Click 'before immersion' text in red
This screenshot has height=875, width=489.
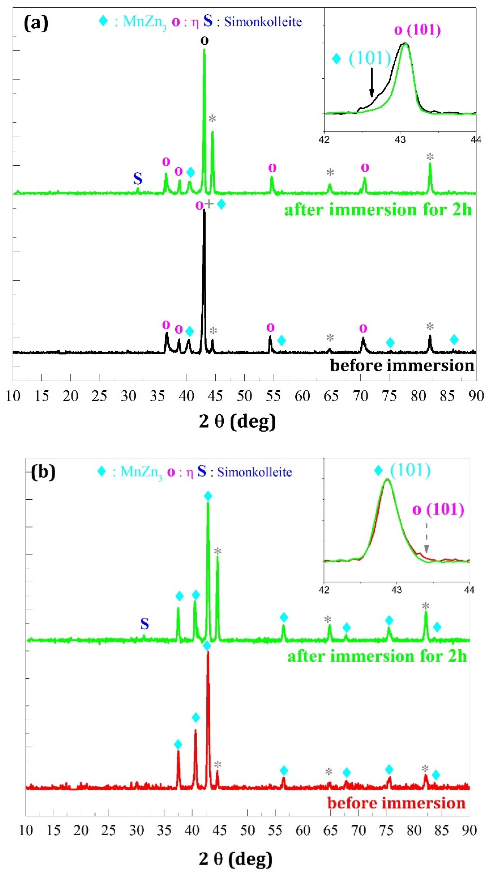coord(396,803)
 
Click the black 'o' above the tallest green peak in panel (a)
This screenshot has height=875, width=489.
coord(204,40)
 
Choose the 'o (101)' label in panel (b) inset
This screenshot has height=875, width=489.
coord(438,510)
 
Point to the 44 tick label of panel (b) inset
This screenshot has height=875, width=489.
coord(469,589)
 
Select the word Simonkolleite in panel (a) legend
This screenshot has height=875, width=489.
coord(263,22)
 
